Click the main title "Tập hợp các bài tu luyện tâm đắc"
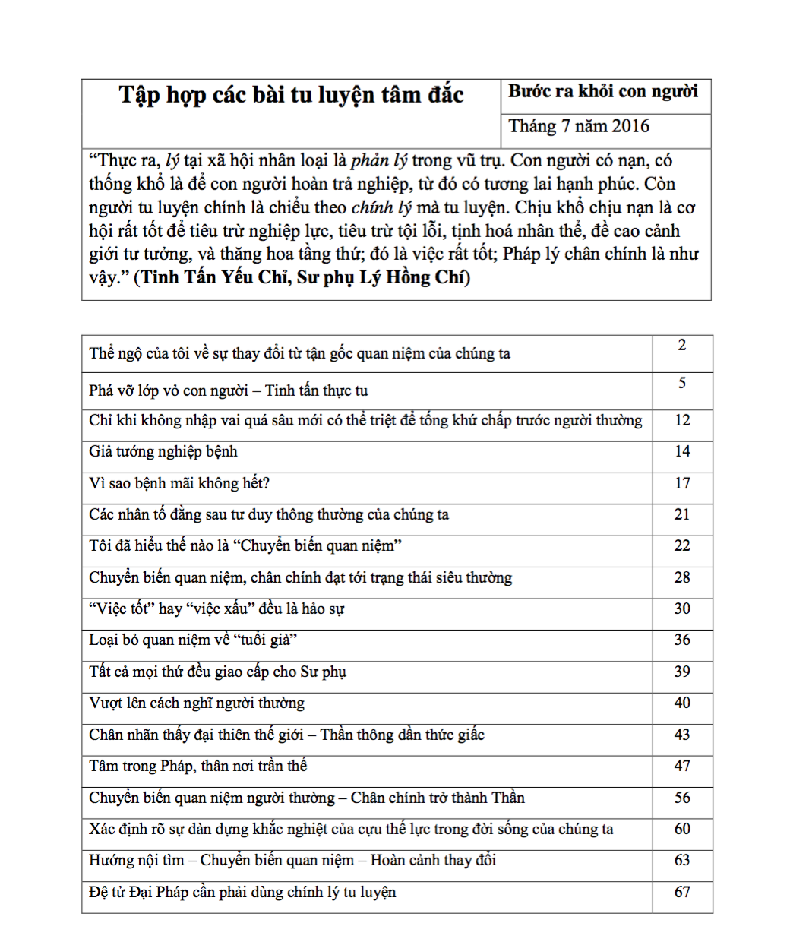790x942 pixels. click(x=291, y=95)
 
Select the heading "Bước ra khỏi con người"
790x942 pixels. click(x=603, y=92)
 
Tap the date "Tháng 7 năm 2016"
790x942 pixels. click(x=579, y=126)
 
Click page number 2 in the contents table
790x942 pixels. click(x=682, y=346)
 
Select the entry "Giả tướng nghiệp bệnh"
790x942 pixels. click(x=163, y=452)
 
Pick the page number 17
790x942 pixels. click(x=682, y=483)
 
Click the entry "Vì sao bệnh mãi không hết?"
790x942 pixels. click(x=179, y=483)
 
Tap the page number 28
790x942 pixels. click(x=682, y=577)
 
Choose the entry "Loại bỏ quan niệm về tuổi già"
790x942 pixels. click(x=193, y=640)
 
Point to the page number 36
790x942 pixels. click(x=682, y=640)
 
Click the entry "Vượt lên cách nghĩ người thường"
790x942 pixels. click(x=197, y=703)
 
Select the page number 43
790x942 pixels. click(x=682, y=735)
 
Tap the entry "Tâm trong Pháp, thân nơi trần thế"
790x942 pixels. click(x=198, y=767)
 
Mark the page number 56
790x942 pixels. click(x=682, y=798)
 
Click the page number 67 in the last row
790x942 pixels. click(x=682, y=892)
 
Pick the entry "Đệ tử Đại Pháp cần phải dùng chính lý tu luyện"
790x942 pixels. click(x=242, y=893)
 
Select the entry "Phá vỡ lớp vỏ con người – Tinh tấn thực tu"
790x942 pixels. click(x=229, y=391)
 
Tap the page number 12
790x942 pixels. click(x=682, y=420)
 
